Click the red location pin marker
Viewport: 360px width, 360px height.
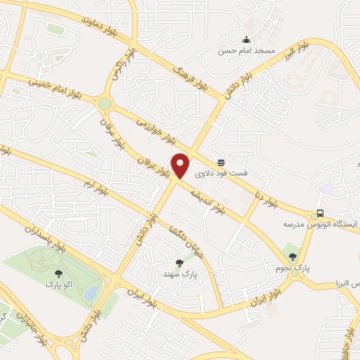pos(181,165)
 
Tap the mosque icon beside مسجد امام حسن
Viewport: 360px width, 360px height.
pos(246,39)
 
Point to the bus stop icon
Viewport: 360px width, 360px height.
pos(320,214)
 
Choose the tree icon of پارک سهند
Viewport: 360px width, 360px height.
pos(179,263)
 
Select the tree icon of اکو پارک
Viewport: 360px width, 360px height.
pos(58,274)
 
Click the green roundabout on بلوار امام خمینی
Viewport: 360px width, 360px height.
pos(105,104)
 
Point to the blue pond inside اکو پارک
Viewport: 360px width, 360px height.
pos(91,294)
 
